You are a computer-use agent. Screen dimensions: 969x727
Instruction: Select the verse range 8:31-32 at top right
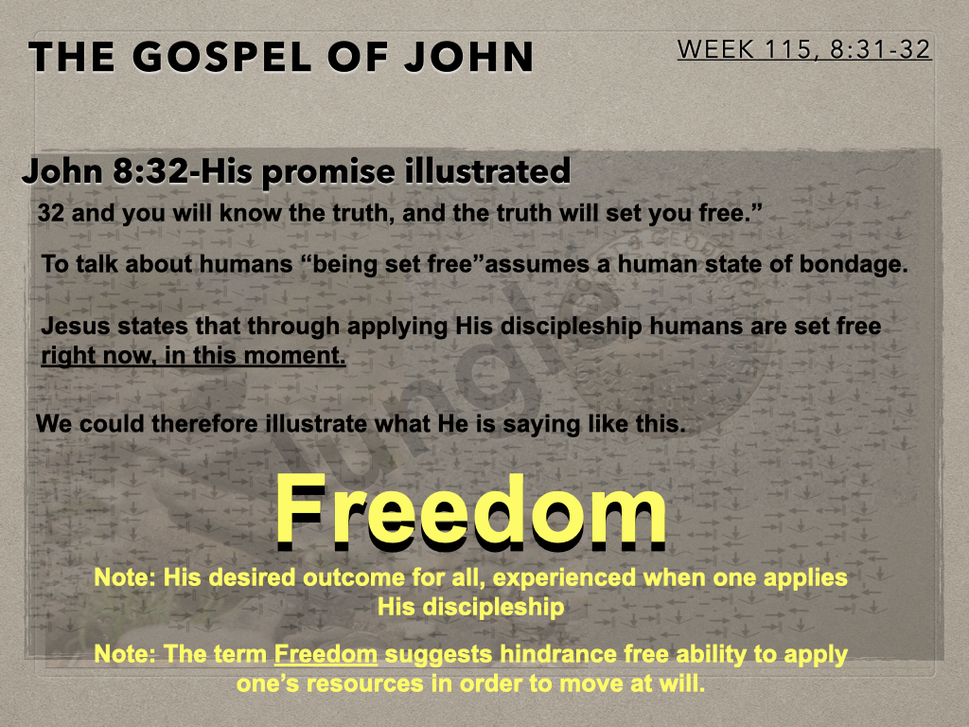click(x=880, y=49)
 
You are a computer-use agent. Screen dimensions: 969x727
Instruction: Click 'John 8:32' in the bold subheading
click(x=104, y=171)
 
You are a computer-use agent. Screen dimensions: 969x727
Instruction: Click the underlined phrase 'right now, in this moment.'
click(x=193, y=356)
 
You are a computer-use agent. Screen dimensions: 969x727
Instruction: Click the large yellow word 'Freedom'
click(x=471, y=511)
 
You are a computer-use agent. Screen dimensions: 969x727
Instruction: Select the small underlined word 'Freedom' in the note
click(x=326, y=654)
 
